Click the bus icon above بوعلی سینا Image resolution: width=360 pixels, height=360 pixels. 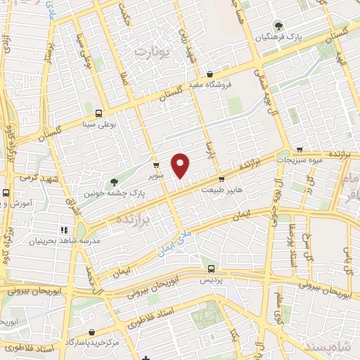(98, 112)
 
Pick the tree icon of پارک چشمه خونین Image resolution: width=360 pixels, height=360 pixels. (114, 182)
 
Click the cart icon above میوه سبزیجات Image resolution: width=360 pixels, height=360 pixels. (300, 149)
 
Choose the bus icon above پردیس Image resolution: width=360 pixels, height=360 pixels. (212, 268)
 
